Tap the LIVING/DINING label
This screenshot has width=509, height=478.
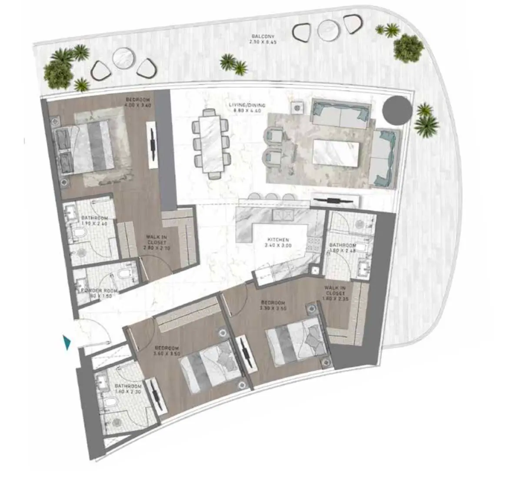[x=247, y=105]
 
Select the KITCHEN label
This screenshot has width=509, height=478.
[x=279, y=240]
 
